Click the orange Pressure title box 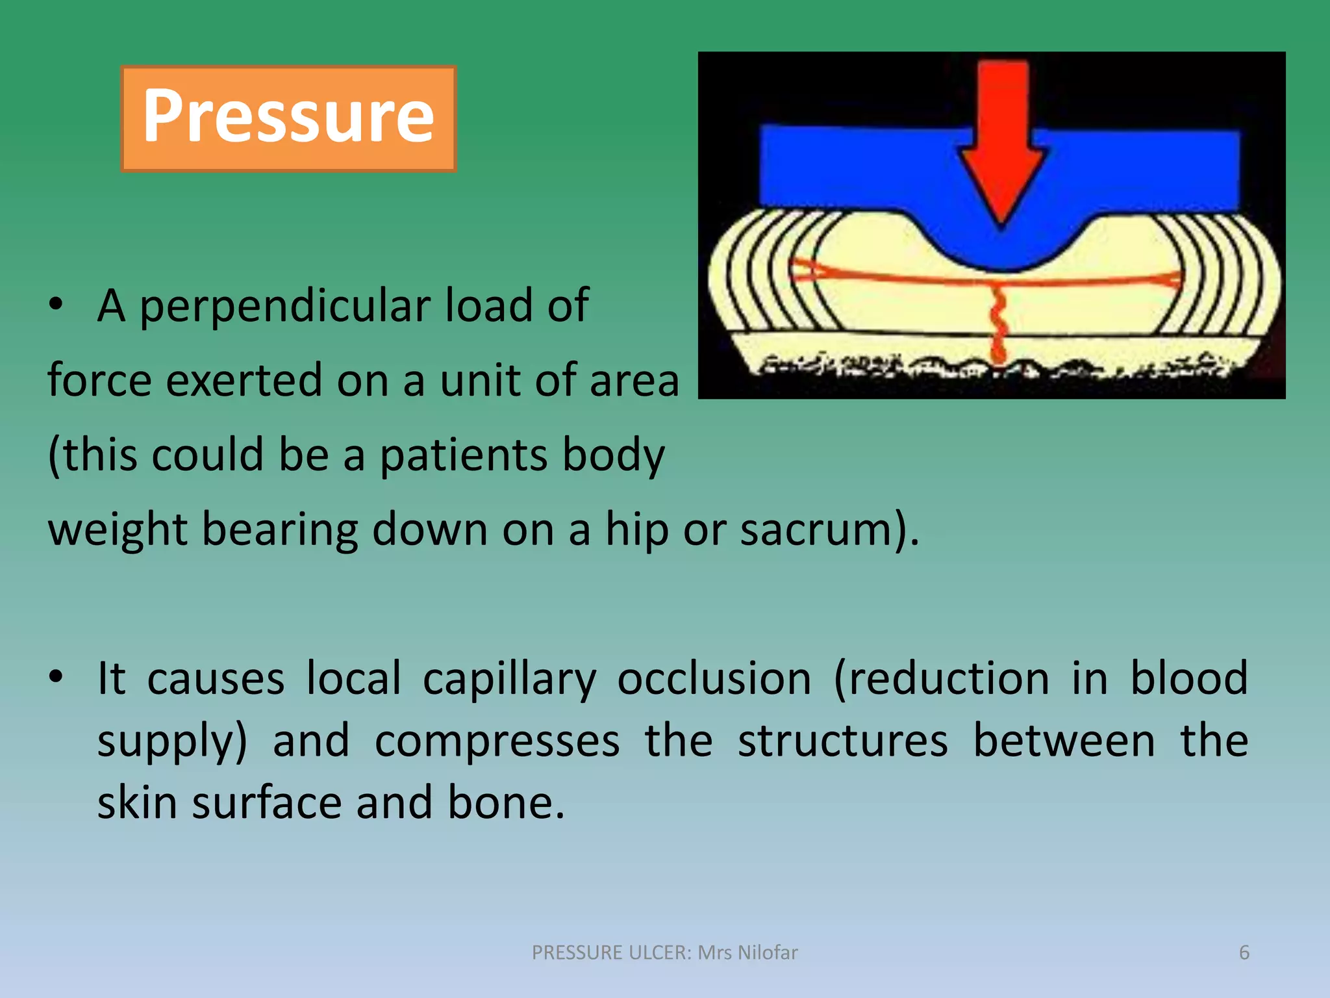pyautogui.click(x=288, y=118)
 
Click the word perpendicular pyautogui.click(x=285, y=305)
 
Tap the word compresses pyautogui.click(x=497, y=741)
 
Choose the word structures pyautogui.click(x=842, y=741)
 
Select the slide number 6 pyautogui.click(x=1244, y=953)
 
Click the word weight pyautogui.click(x=118, y=529)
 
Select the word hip pyautogui.click(x=636, y=529)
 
